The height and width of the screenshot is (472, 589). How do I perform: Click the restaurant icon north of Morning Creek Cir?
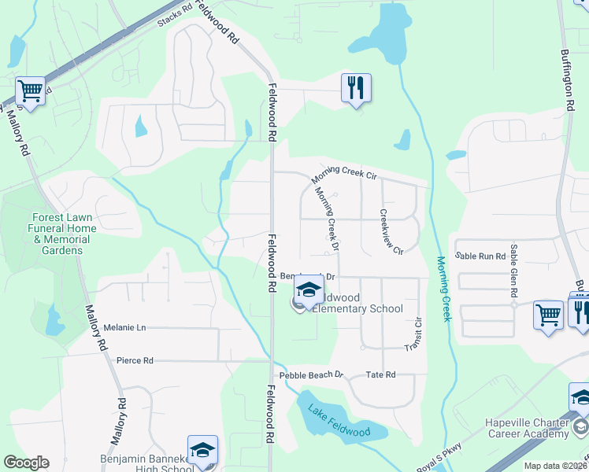coord(356,88)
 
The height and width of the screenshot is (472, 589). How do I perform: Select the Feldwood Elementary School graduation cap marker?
coord(309,291)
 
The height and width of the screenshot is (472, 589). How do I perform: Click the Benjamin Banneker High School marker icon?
coord(202,450)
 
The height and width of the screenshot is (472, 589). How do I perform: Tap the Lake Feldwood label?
coord(339,421)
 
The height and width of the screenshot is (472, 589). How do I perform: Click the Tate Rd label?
coord(380,375)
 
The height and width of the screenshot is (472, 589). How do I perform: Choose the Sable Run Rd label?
coord(480,256)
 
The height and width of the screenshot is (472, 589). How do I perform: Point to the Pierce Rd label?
coord(134,360)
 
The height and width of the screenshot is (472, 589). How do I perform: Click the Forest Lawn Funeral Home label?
coord(65,234)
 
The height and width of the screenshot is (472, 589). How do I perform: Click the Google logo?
coord(26,463)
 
